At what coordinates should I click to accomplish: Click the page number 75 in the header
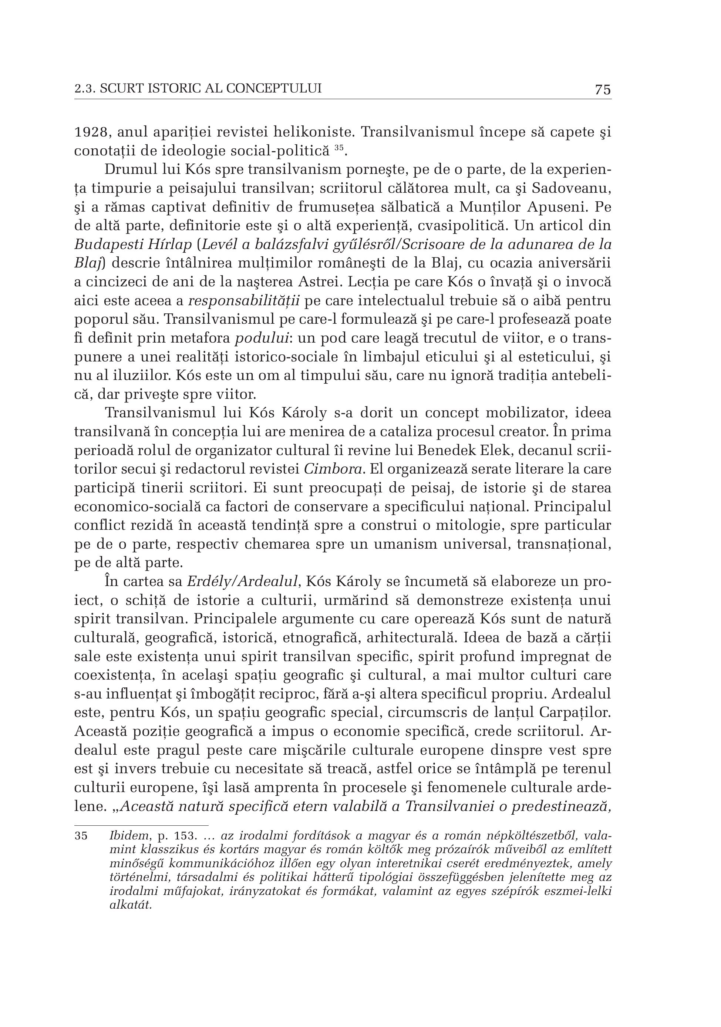[603, 90]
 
